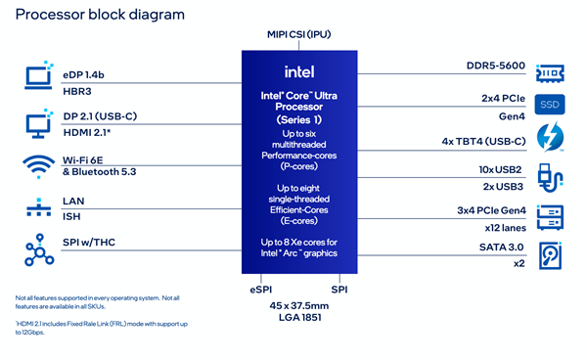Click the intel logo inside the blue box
[x=298, y=71]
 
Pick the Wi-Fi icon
[x=36, y=165]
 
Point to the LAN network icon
[x=36, y=207]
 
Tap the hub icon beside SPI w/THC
[x=36, y=248]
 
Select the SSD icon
[x=549, y=104]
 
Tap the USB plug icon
[x=550, y=177]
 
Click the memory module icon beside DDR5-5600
[x=550, y=71]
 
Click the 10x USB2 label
[x=501, y=170]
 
